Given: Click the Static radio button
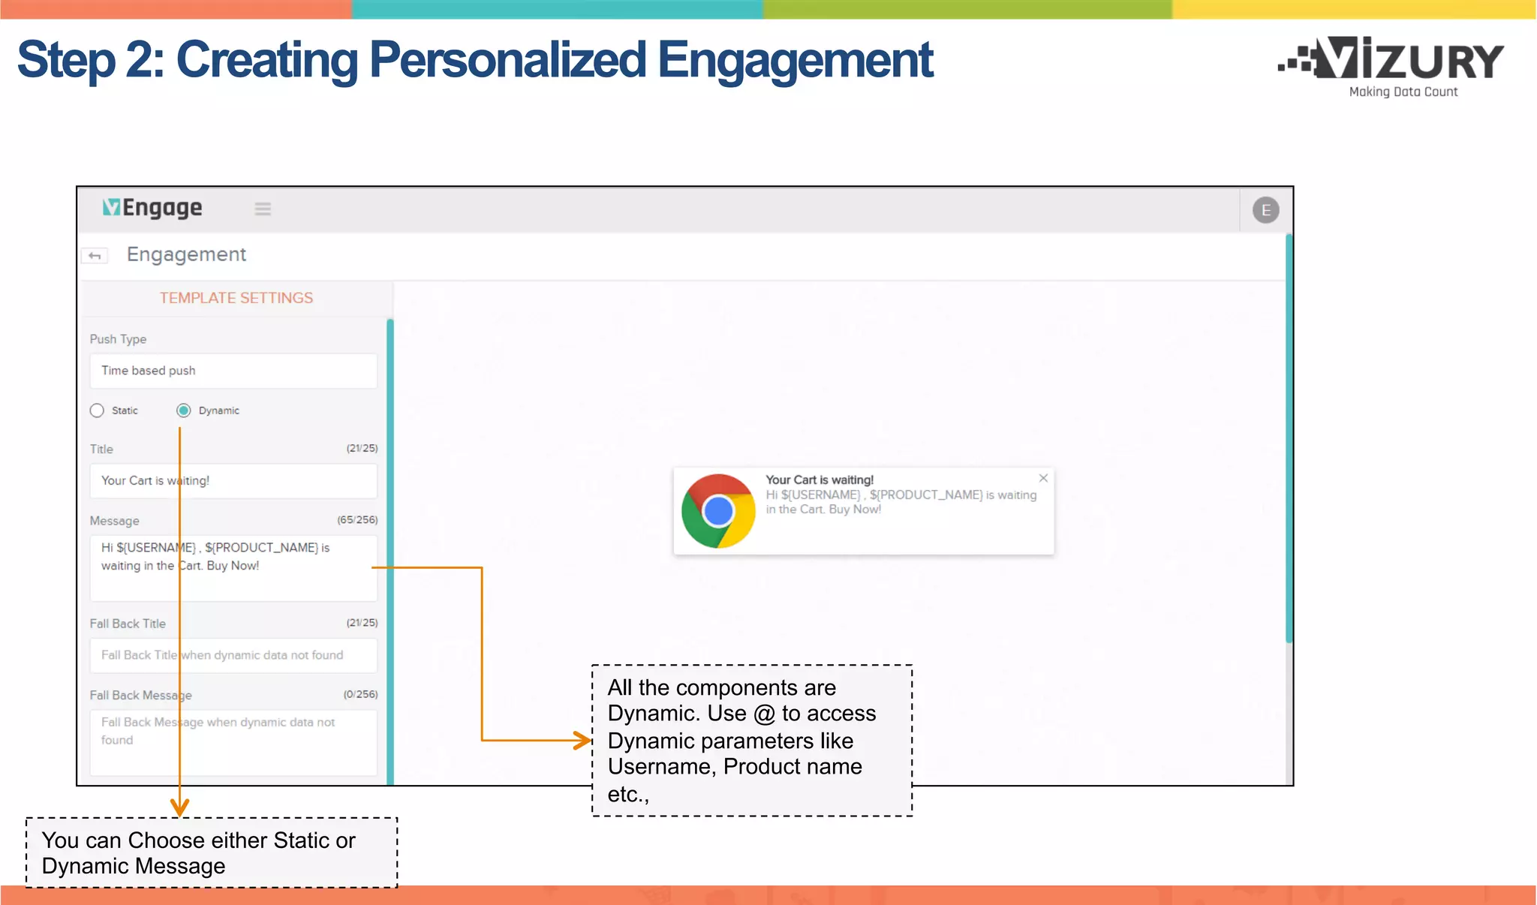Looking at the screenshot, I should pos(97,410).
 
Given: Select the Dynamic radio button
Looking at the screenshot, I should pos(184,410).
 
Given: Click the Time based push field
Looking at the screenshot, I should pos(233,371).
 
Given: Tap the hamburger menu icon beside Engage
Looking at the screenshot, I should pos(263,209).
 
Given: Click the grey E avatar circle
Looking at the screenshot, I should pos(1265,210).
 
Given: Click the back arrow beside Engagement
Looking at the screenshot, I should pos(95,256).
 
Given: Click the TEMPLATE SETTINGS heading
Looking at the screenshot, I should pos(236,298).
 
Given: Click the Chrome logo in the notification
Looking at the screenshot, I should pos(718,511).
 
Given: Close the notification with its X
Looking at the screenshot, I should pos(1043,478).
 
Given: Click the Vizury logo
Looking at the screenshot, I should pos(1393,64).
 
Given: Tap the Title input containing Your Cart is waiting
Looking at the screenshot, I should pos(233,481).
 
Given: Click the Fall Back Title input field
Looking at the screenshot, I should pos(233,655).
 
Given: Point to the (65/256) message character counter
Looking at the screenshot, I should pos(357,520).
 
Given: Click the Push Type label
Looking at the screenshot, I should pos(118,339).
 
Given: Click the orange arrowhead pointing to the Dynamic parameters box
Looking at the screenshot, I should pos(583,741).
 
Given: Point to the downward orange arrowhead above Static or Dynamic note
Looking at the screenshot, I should pos(179,807).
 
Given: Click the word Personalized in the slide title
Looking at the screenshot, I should pos(507,60).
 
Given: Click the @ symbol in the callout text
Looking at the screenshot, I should pos(764,714).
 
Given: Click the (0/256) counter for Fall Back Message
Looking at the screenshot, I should pos(360,695).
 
